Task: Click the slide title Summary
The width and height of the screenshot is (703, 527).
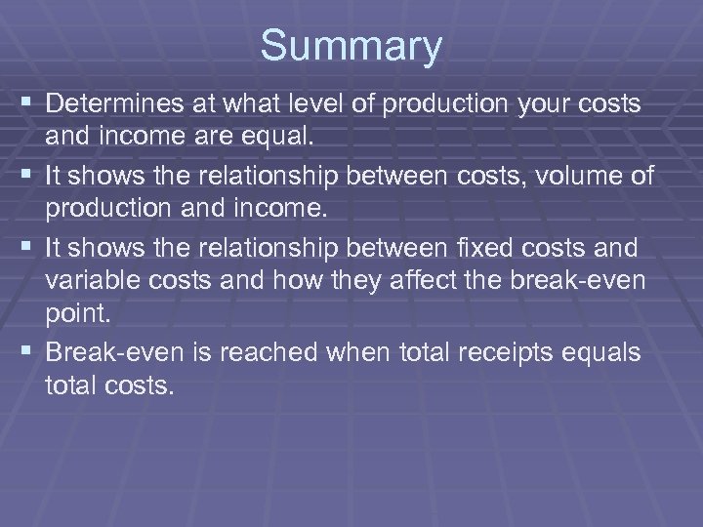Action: [x=351, y=46]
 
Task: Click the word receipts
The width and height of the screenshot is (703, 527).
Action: [x=509, y=352]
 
